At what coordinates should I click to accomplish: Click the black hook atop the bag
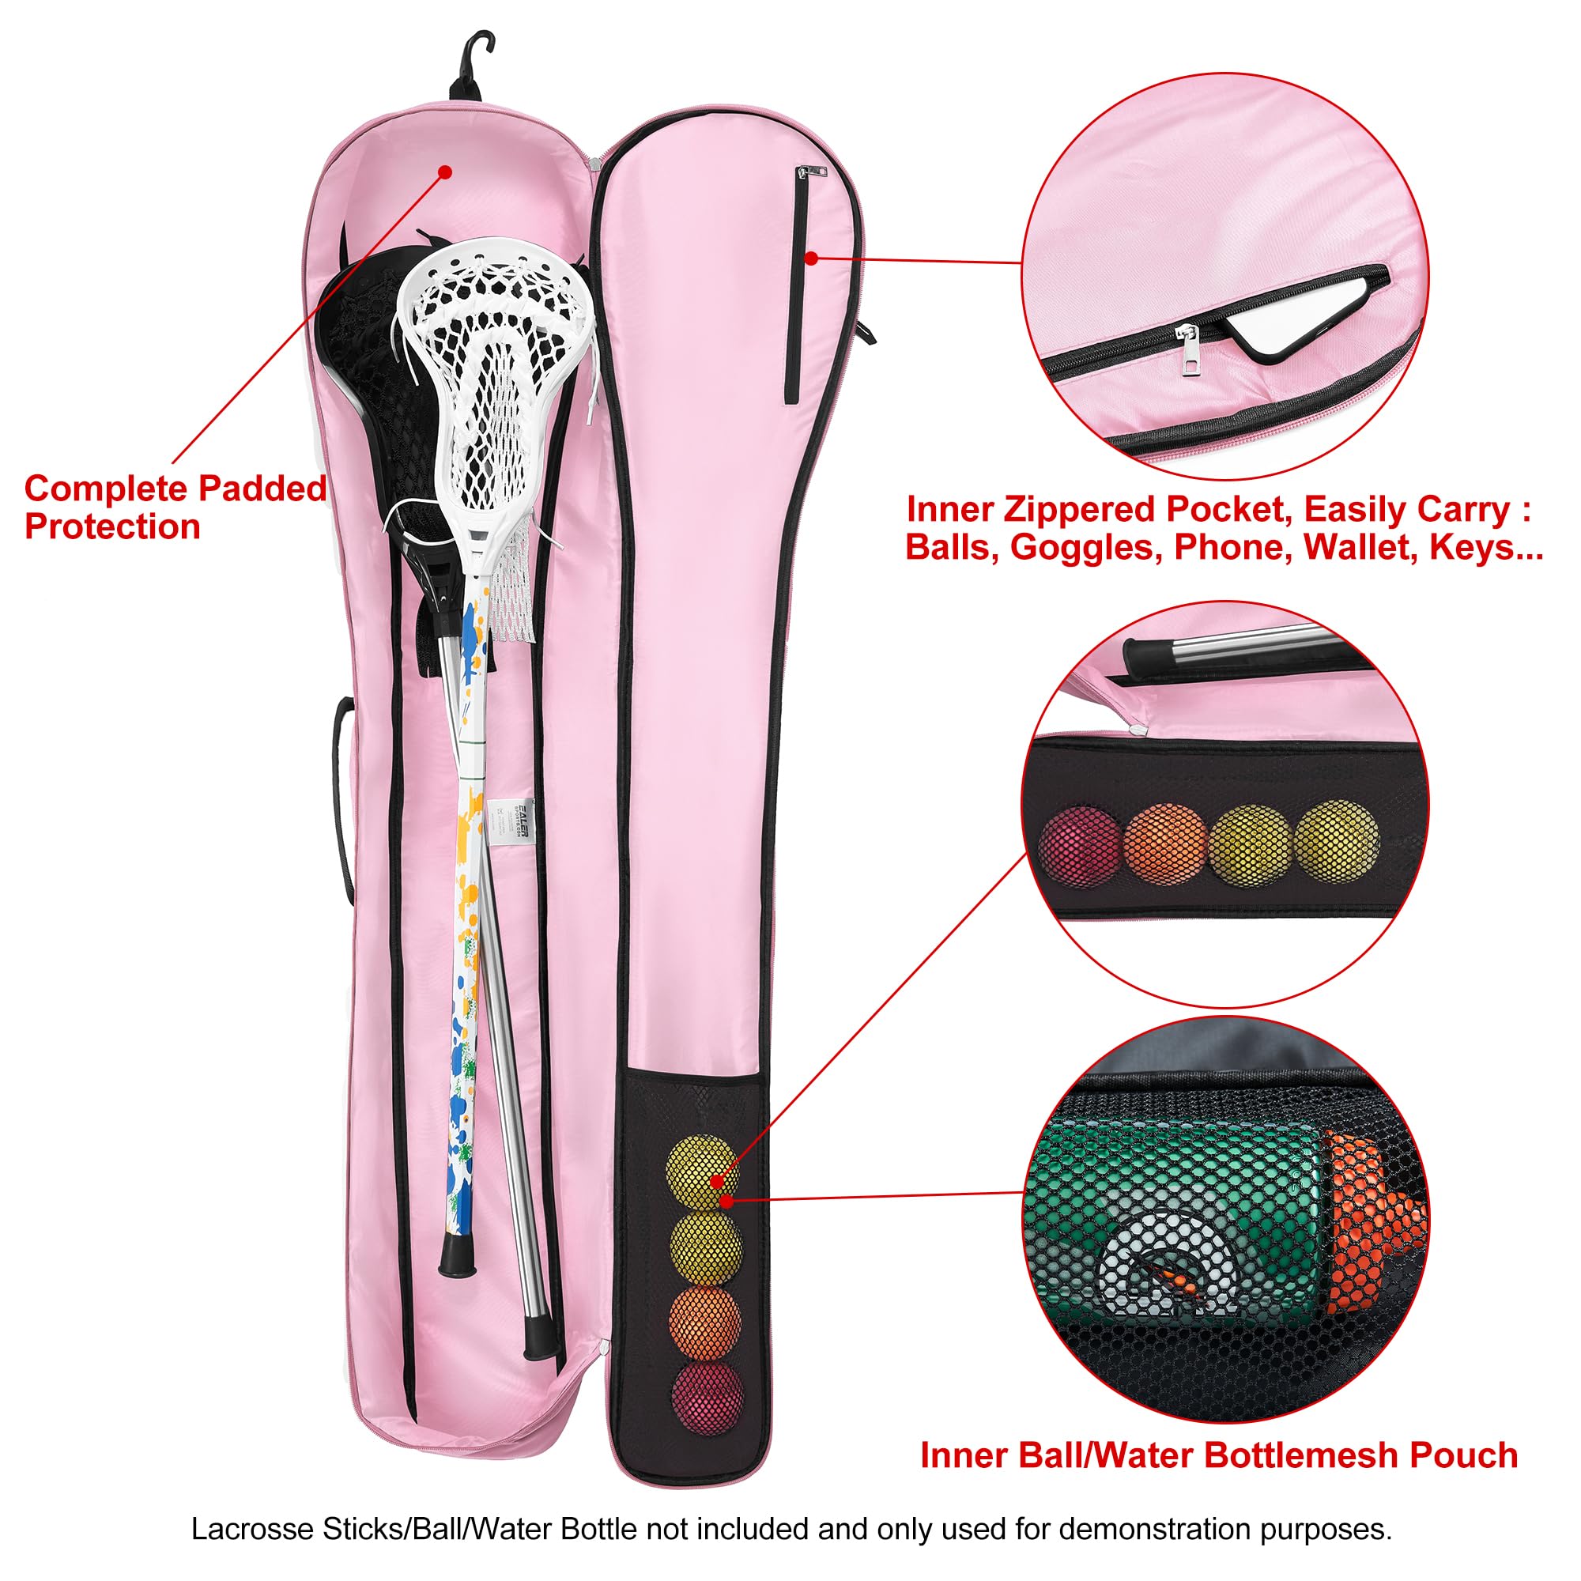pyautogui.click(x=470, y=66)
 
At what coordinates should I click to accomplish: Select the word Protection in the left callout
pyautogui.click(x=113, y=527)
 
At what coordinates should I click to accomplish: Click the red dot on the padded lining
pyautogui.click(x=444, y=172)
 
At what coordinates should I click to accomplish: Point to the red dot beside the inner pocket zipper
pyautogui.click(x=811, y=258)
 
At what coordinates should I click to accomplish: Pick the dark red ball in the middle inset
pyautogui.click(x=1077, y=847)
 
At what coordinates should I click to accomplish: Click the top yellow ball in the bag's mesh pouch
pyautogui.click(x=704, y=1171)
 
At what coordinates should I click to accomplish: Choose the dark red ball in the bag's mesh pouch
pyautogui.click(x=708, y=1400)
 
